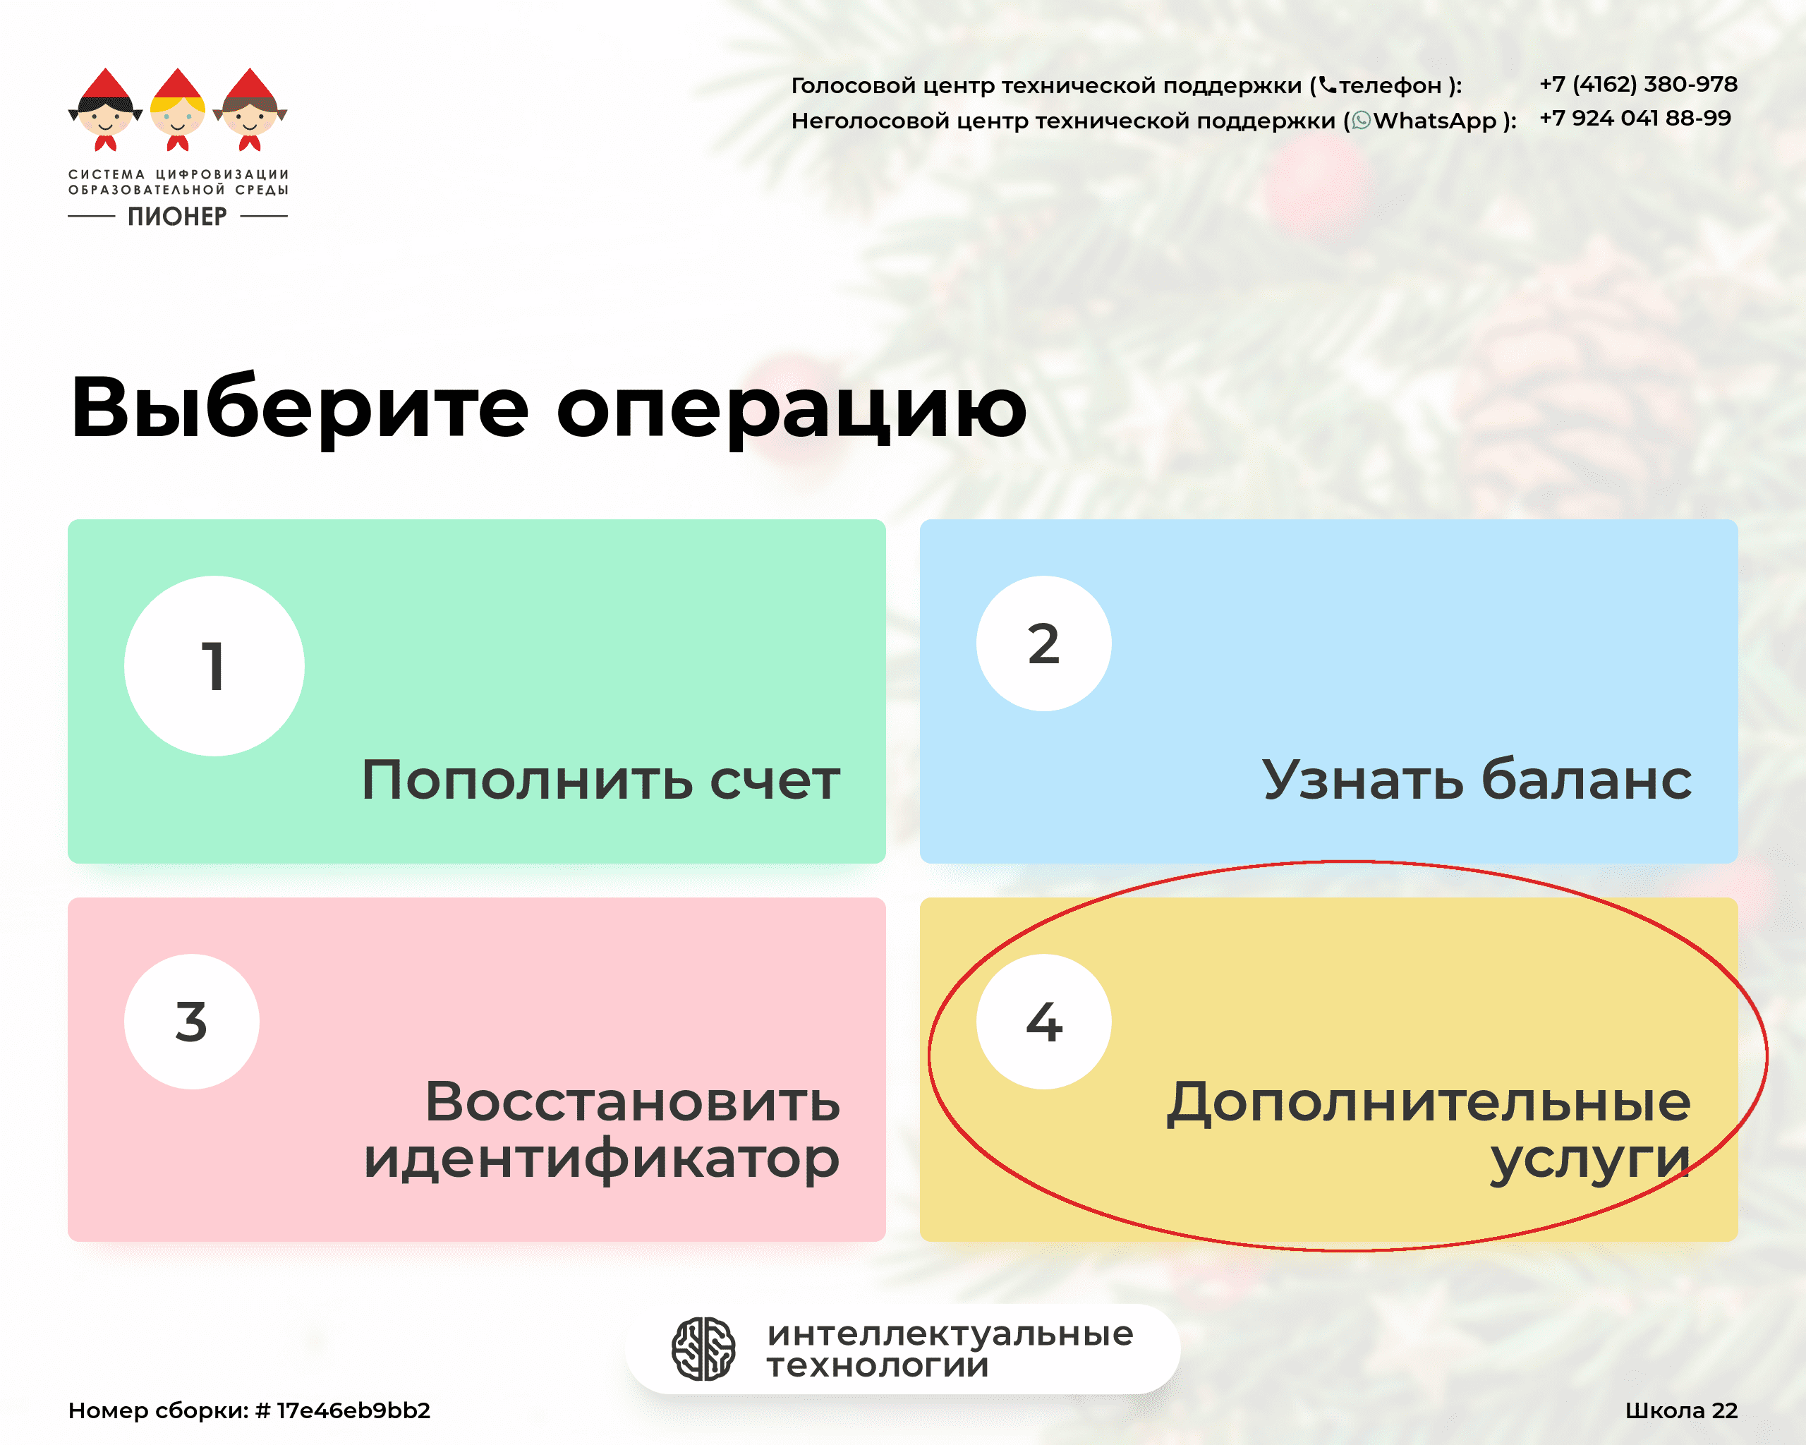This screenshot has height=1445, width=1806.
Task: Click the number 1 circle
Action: [x=214, y=666]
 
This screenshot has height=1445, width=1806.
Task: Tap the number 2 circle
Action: [x=1043, y=643]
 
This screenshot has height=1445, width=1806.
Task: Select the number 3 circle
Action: [x=192, y=1021]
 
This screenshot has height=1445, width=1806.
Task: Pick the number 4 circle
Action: [x=1043, y=1021]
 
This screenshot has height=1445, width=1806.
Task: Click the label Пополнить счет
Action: [x=600, y=780]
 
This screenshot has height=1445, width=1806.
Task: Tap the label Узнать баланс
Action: [x=1477, y=780]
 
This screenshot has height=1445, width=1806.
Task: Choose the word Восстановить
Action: [x=632, y=1101]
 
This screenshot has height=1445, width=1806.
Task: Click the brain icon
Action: [x=703, y=1348]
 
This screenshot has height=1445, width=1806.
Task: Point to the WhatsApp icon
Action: [x=1361, y=121]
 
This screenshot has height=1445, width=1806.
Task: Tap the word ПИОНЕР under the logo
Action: [x=178, y=216]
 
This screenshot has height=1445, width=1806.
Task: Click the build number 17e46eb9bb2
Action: [x=353, y=1410]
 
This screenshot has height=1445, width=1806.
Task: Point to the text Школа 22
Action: [x=1681, y=1410]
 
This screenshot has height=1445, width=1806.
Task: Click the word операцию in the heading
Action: [x=792, y=409]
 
